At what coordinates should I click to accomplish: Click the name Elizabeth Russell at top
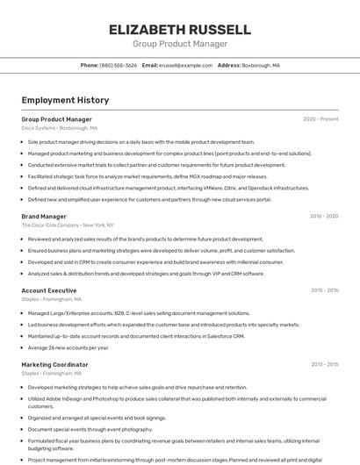click(x=180, y=29)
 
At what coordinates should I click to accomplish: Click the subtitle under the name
click(x=180, y=44)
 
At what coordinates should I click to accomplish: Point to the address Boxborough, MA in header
click(x=261, y=65)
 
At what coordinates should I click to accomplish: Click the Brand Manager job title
click(x=44, y=216)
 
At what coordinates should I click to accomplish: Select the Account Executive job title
click(x=49, y=290)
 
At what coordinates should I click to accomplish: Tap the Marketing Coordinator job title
click(x=55, y=364)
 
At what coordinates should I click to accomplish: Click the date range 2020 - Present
click(x=320, y=119)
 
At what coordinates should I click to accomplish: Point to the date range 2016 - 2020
click(x=324, y=216)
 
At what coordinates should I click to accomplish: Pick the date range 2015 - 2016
click(x=324, y=290)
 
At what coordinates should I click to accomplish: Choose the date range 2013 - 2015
click(x=324, y=364)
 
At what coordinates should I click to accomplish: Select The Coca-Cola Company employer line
click(x=68, y=225)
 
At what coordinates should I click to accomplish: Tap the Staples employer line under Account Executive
click(x=51, y=299)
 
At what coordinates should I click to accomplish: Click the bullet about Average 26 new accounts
click(x=68, y=347)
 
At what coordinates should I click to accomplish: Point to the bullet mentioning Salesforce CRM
click(x=136, y=336)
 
